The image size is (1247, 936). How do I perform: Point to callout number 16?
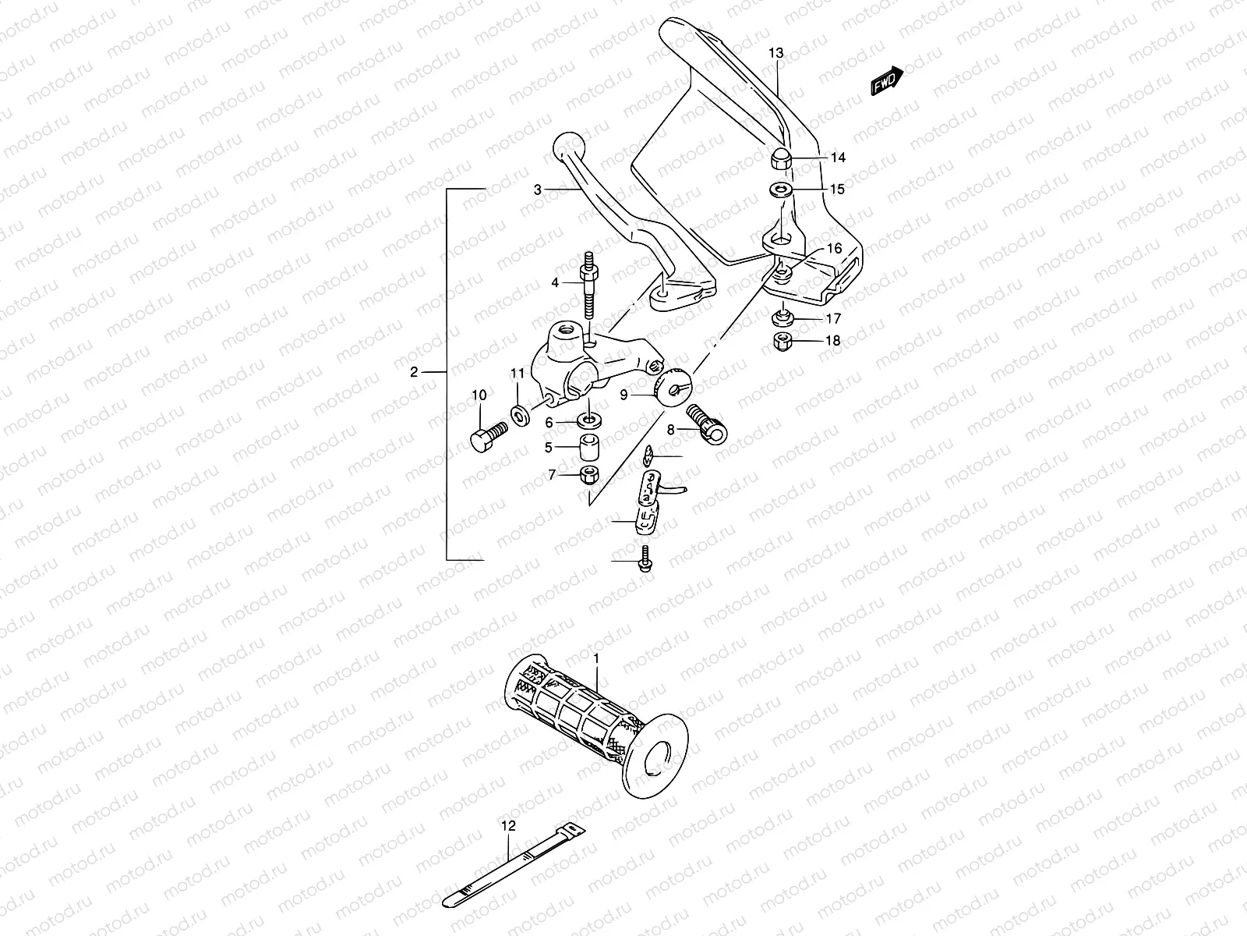click(834, 249)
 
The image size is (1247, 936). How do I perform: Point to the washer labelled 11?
click(518, 413)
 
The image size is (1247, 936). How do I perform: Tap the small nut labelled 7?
click(588, 473)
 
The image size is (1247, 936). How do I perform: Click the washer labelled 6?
click(588, 422)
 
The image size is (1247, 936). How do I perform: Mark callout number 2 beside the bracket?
click(414, 372)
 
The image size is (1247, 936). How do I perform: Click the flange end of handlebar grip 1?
click(659, 755)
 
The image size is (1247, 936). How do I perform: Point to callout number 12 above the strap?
click(508, 824)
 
